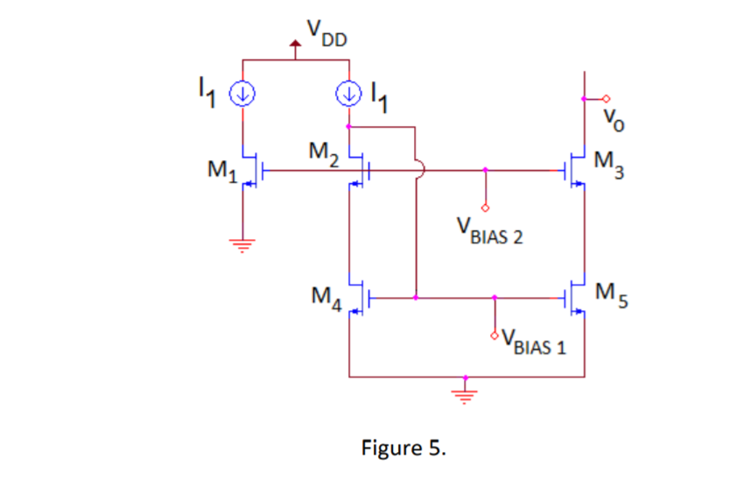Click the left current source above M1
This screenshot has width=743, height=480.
pyautogui.click(x=242, y=90)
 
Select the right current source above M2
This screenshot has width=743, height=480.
pyautogui.click(x=349, y=90)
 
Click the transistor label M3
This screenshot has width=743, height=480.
pyautogui.click(x=608, y=164)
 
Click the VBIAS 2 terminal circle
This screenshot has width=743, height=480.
pyautogui.click(x=486, y=207)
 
